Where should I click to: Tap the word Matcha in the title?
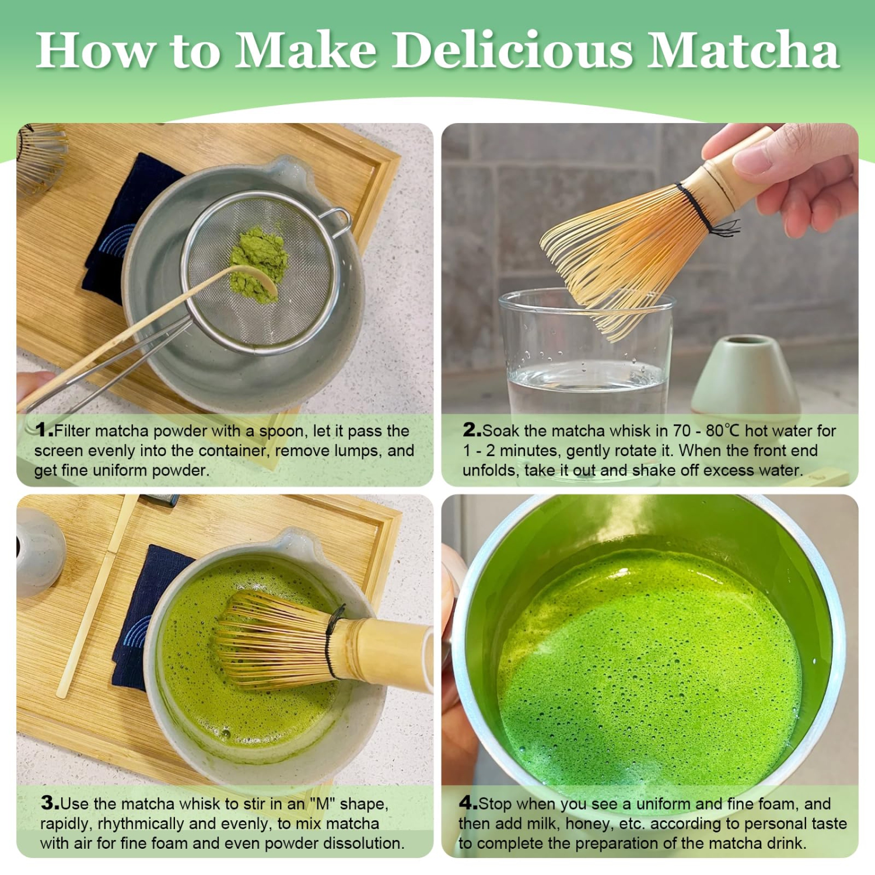(743, 50)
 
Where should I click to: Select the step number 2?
(471, 430)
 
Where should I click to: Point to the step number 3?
(50, 803)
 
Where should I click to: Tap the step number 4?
(468, 803)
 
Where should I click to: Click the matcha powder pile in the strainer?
(258, 262)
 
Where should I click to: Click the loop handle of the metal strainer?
(338, 222)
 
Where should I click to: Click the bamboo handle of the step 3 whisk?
(391, 653)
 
